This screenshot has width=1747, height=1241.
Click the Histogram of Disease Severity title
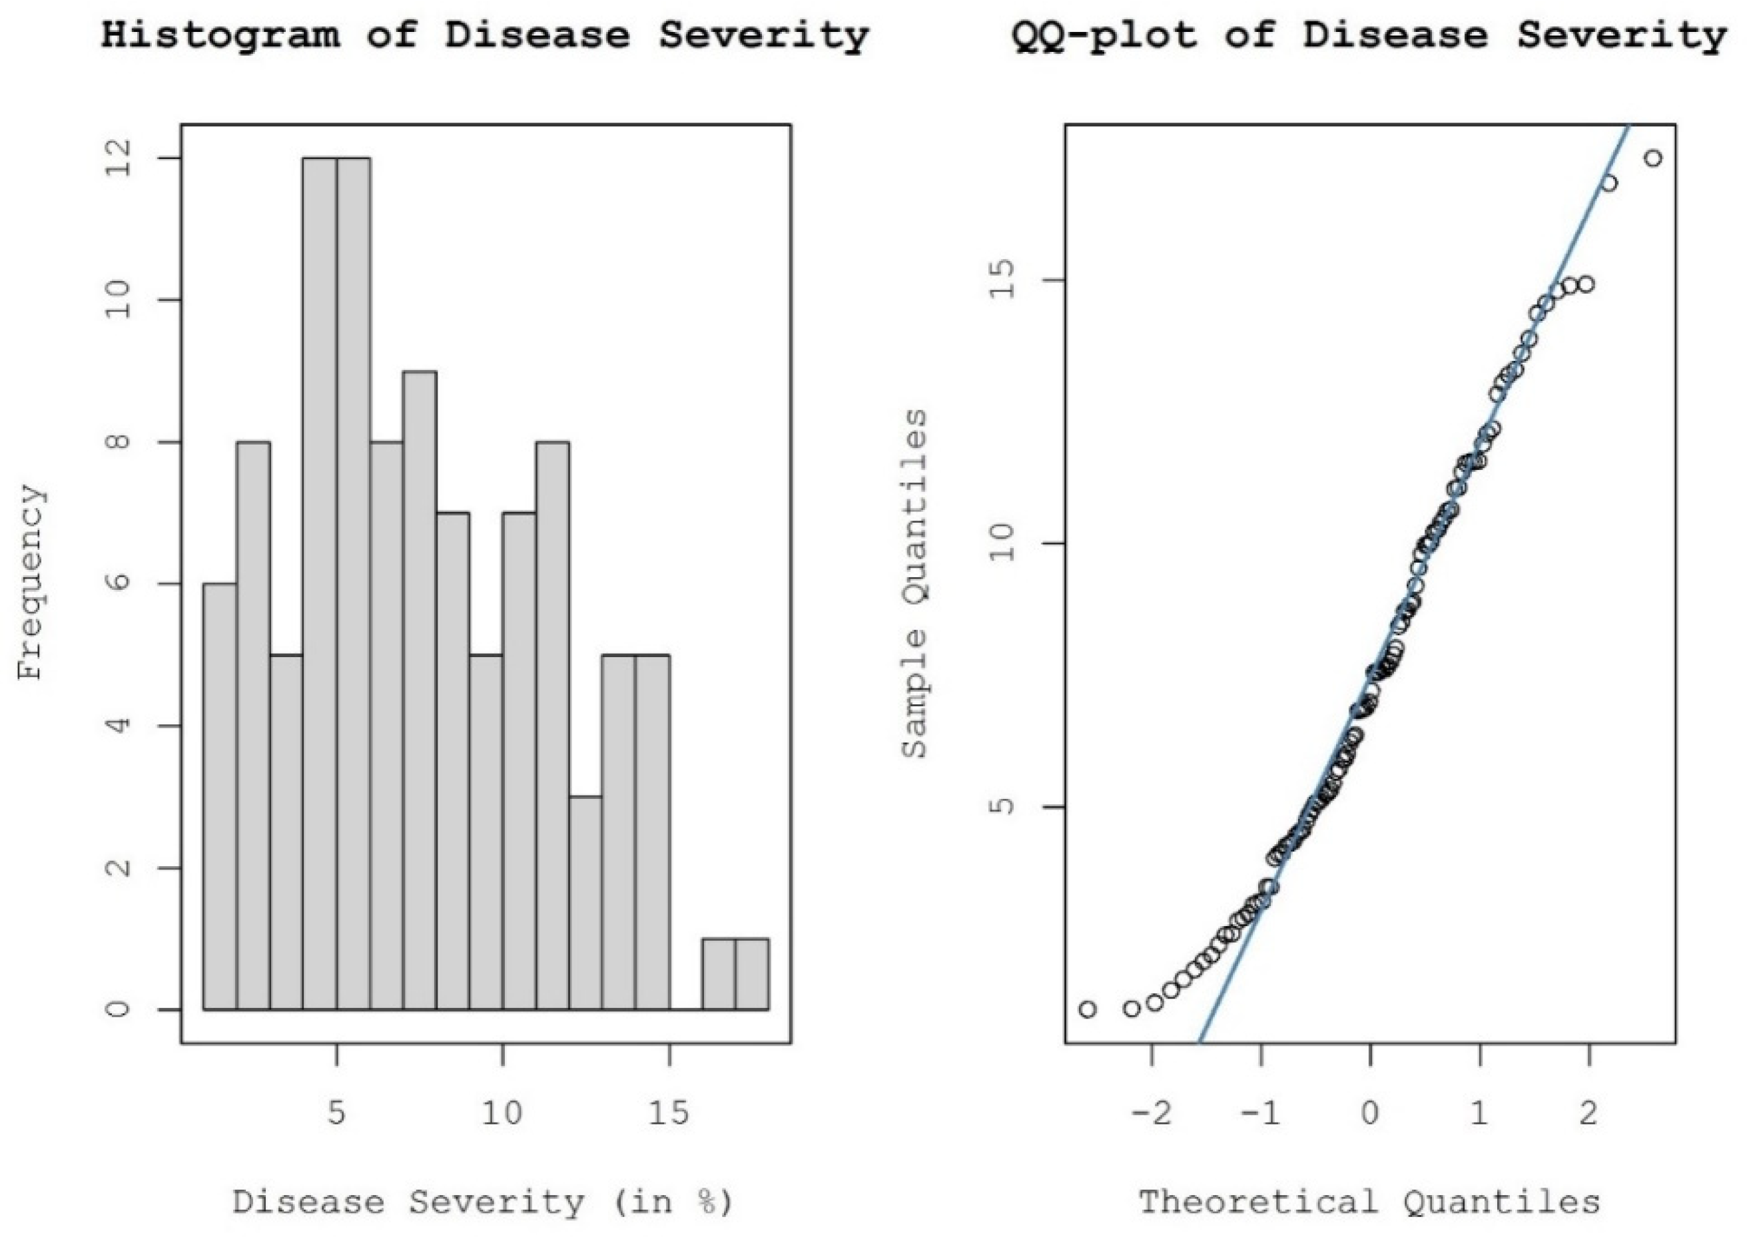[486, 36]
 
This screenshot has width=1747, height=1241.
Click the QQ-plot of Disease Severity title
[1369, 36]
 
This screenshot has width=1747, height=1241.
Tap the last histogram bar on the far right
[753, 973]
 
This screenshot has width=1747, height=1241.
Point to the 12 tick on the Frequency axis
[119, 159]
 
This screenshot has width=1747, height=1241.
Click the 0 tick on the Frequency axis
[119, 1009]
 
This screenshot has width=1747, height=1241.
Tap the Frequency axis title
[32, 583]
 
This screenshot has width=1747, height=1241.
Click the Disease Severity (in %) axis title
[483, 1202]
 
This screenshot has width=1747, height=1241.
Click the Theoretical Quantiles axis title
[1369, 1202]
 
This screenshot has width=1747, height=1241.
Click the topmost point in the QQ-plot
[1653, 159]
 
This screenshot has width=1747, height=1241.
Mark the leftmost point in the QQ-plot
[1088, 1009]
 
